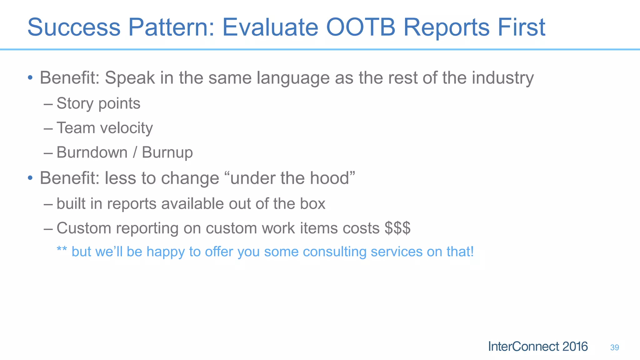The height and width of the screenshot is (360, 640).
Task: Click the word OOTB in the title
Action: (361, 27)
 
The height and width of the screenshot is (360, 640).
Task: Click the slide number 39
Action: (614, 347)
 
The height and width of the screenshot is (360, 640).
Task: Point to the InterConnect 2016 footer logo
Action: (538, 347)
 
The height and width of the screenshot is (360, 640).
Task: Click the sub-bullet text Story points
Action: (98, 104)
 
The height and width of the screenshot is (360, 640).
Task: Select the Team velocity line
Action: (104, 128)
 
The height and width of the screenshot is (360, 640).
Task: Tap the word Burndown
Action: (92, 152)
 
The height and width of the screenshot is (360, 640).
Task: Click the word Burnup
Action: (167, 153)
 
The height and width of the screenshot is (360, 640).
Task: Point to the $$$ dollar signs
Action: (397, 228)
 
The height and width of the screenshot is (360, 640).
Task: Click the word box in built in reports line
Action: (312, 204)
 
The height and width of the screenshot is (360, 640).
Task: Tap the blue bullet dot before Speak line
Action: (30, 77)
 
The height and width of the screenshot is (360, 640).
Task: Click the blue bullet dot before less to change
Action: (30, 178)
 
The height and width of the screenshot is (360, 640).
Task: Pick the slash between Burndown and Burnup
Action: (135, 152)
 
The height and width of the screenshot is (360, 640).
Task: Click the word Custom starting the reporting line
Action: (84, 228)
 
